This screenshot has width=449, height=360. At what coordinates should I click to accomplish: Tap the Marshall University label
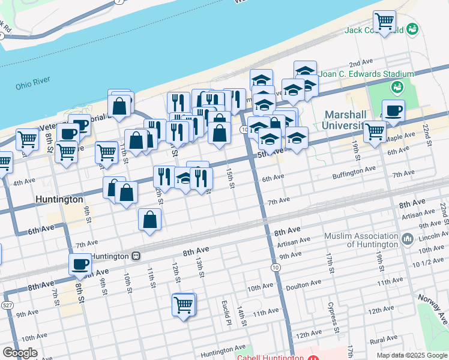[x=345, y=120]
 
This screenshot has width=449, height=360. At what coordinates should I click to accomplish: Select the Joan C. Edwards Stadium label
[x=367, y=74]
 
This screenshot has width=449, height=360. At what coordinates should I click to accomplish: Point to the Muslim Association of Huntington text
[x=361, y=240]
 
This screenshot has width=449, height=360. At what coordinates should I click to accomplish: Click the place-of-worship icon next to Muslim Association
[x=408, y=240]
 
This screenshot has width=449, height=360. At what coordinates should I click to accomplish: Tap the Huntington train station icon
[x=136, y=256]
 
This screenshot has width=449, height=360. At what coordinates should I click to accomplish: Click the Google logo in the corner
[x=20, y=353]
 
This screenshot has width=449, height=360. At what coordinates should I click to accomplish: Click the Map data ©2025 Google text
[x=411, y=355]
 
